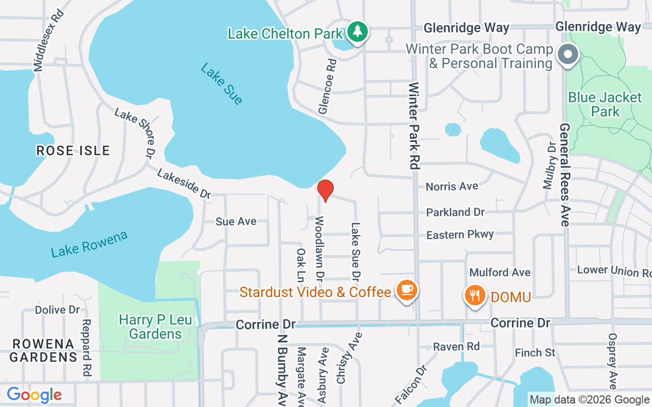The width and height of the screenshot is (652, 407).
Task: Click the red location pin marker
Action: tap(325, 190)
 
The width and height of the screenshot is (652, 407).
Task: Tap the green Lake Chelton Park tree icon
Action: tap(358, 32)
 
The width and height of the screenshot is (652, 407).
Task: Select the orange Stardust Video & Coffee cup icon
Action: tap(406, 290)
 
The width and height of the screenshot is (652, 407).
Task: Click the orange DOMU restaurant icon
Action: tap(475, 296)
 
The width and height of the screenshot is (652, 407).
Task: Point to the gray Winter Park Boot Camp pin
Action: tap(566, 53)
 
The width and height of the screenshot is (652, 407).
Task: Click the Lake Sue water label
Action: tap(222, 84)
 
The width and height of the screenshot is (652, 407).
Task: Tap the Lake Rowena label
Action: tap(89, 244)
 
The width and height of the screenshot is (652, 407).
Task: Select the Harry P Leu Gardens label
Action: tap(150, 327)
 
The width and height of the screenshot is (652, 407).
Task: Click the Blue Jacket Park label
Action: tap(605, 104)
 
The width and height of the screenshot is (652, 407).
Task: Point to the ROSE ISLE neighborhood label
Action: tap(73, 151)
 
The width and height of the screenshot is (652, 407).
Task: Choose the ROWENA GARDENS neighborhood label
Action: tap(43, 350)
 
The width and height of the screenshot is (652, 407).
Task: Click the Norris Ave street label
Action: tap(452, 186)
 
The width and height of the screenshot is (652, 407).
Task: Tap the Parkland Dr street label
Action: tap(455, 212)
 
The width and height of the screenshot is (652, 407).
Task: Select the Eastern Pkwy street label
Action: tap(460, 235)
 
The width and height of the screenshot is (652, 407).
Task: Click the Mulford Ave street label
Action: tap(500, 273)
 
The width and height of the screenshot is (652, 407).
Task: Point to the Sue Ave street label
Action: tap(236, 221)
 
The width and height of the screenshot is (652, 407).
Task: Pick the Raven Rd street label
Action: tap(456, 346)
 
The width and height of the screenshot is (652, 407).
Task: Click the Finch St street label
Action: tap(535, 353)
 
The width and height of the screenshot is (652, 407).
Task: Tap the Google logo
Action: tap(34, 395)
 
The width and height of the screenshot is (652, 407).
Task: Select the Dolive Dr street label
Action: tap(58, 309)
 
